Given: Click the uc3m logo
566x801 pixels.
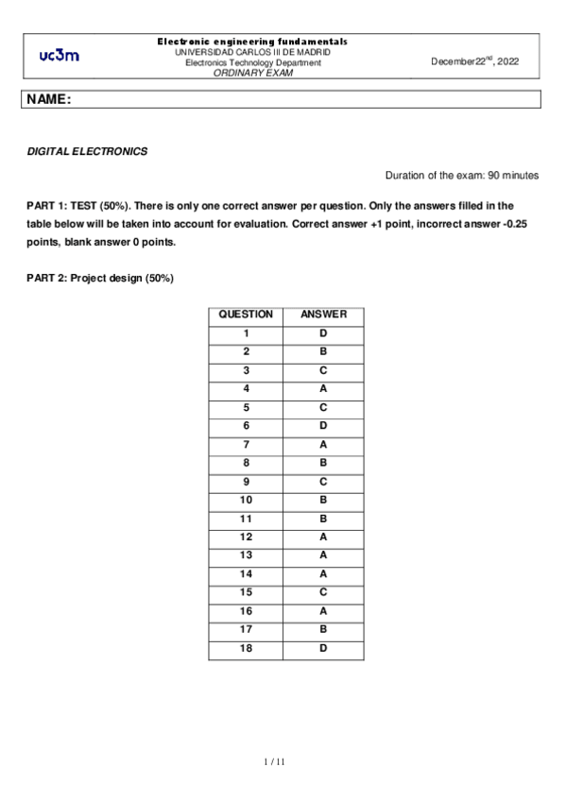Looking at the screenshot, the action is point(59,56).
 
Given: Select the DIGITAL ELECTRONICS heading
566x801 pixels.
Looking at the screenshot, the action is point(87,151).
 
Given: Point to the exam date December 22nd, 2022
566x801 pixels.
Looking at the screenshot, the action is point(475,60).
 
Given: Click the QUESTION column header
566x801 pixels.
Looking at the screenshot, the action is point(246,315).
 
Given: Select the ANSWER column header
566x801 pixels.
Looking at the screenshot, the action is point(323,315).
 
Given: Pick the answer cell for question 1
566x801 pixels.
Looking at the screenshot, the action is point(323,333).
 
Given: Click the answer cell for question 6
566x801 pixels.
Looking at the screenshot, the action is point(323,426).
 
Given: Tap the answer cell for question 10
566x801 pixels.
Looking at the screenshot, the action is point(323,500).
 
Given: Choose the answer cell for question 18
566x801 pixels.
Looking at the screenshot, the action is point(323,648).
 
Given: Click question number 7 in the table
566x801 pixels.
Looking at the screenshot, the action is point(246,444).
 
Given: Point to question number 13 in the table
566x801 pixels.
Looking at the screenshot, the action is point(246,555).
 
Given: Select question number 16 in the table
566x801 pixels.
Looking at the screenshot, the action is point(246,611).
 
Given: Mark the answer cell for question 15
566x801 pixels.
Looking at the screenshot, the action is point(323,592).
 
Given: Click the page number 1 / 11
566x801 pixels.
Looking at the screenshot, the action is point(273,761).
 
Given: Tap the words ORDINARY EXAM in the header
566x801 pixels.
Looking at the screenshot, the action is point(252,72).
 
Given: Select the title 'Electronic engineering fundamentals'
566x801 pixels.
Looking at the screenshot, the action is point(252,42).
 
